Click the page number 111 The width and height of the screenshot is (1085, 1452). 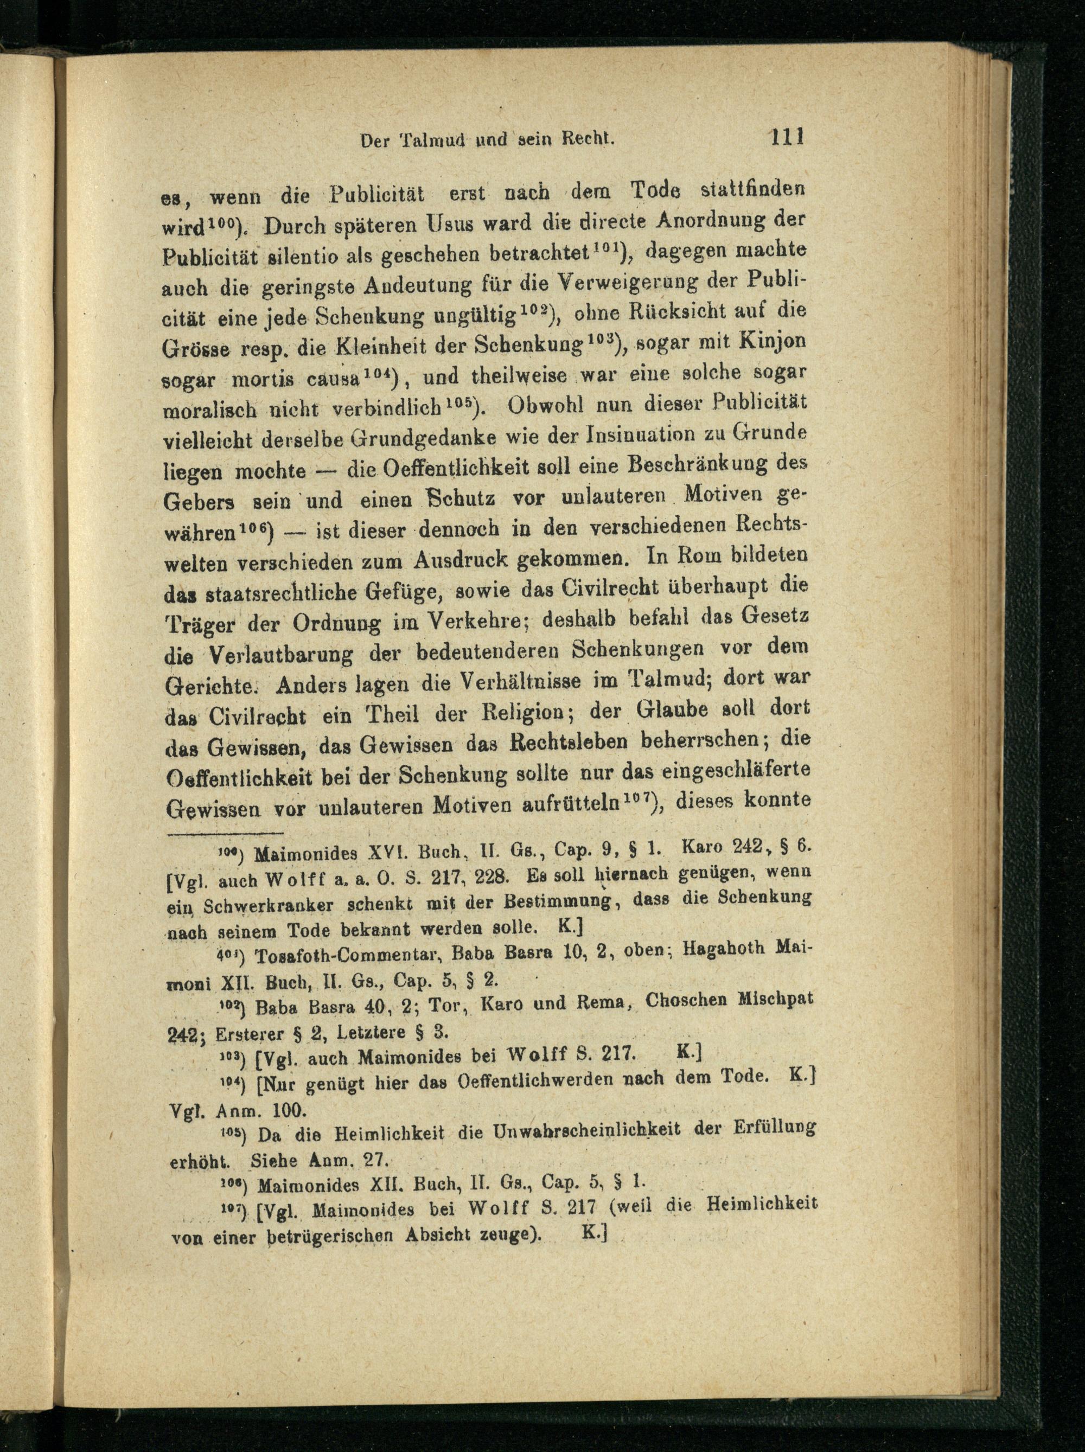pyautogui.click(x=788, y=138)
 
